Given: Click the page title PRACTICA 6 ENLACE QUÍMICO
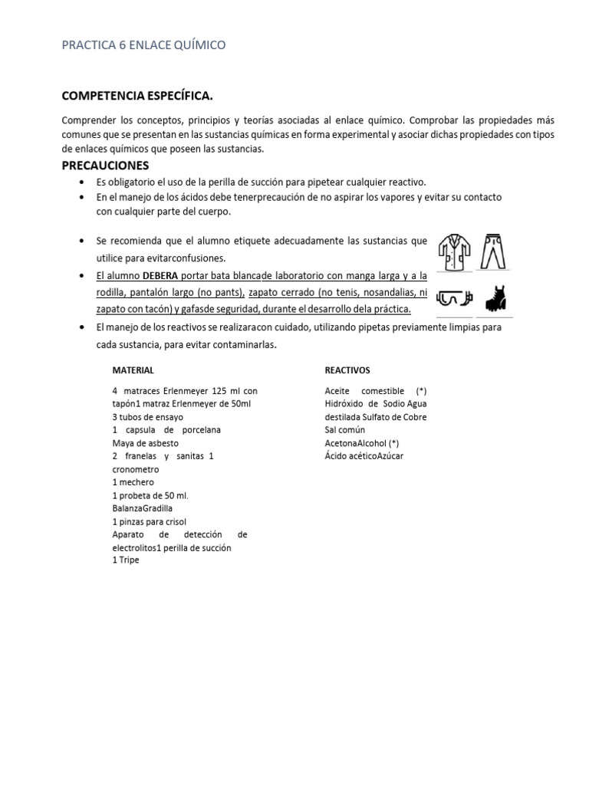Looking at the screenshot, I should (x=143, y=45).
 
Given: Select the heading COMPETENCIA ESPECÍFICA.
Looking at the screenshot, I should (x=137, y=96).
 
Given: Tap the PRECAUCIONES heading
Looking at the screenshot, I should (x=105, y=166).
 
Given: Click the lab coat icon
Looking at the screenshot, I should (x=454, y=252).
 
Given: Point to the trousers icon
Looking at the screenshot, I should (x=494, y=251).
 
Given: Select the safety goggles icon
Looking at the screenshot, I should (x=454, y=299).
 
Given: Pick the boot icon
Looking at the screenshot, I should (x=494, y=298).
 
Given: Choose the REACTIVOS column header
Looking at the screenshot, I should (x=347, y=370).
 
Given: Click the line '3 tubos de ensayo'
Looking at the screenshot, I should (x=147, y=417).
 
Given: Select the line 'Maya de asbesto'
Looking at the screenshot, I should (x=144, y=443).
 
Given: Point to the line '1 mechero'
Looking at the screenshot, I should (x=133, y=482).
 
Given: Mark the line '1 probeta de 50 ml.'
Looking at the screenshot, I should (x=150, y=495).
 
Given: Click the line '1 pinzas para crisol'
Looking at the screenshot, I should (x=149, y=521).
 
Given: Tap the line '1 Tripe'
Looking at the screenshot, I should (x=126, y=560).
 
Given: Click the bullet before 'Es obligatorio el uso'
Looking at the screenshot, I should (x=82, y=182).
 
